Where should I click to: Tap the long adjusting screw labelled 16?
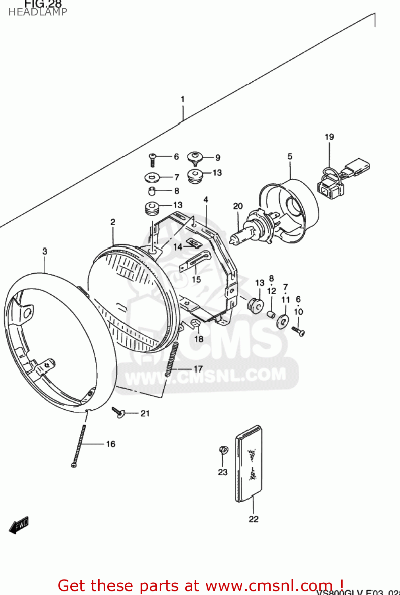tap(79, 444)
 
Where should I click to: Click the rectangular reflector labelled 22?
tap(249, 463)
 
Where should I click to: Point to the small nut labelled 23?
tap(223, 450)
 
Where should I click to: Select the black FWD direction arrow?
tap(19, 525)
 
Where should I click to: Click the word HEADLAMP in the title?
tap(38, 12)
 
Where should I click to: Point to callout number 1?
tap(183, 99)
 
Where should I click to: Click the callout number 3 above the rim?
tap(45, 251)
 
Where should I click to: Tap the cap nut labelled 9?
tap(195, 157)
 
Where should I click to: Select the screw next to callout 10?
tap(298, 330)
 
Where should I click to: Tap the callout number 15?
tap(196, 279)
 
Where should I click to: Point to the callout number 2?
tap(113, 222)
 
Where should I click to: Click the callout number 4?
tap(206, 200)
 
